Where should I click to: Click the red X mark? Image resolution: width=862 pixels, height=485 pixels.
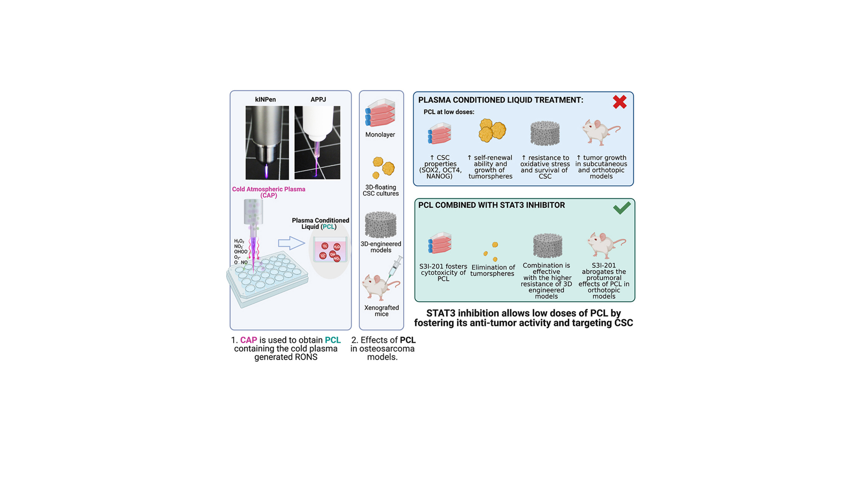click(619, 102)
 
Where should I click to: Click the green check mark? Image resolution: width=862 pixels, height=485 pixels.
click(622, 208)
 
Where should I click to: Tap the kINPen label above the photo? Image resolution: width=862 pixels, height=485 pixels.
click(266, 100)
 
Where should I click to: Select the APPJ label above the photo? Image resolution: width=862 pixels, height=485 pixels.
click(318, 100)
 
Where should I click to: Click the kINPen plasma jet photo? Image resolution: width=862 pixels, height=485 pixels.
click(267, 143)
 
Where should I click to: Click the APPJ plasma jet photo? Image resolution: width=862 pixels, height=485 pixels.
click(317, 142)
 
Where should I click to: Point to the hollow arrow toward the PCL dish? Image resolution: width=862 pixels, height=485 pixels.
click(291, 243)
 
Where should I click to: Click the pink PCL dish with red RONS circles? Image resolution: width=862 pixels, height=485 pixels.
click(330, 250)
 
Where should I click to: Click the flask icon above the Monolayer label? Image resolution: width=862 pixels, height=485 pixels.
click(380, 113)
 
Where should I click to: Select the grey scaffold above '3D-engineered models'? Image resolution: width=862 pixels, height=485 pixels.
click(381, 225)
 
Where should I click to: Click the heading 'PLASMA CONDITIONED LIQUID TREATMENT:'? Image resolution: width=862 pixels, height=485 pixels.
click(501, 100)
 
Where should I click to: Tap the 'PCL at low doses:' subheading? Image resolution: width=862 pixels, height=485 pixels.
click(449, 112)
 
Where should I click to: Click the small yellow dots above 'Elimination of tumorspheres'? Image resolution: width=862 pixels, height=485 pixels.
click(491, 252)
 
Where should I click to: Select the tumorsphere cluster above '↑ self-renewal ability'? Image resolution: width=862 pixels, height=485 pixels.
click(492, 130)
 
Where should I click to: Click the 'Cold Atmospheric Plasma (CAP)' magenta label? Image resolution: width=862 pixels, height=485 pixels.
click(268, 192)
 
